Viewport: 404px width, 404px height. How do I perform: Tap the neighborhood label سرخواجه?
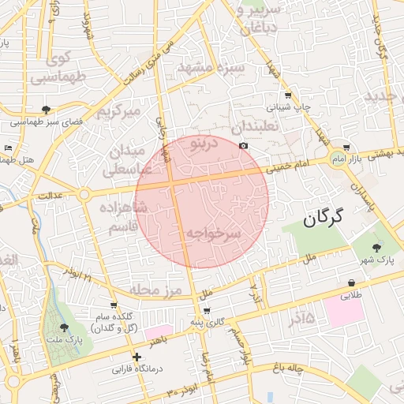[211, 234]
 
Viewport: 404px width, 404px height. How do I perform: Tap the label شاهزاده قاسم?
[120, 216]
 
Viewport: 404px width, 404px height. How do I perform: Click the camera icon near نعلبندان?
[243, 145]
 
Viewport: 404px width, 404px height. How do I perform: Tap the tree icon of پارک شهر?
[386, 247]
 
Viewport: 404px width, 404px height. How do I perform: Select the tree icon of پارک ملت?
[65, 327]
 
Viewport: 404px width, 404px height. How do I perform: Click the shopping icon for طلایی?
[350, 282]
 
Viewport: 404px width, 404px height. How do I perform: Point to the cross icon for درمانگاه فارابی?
[137, 357]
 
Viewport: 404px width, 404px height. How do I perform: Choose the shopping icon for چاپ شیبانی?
[287, 96]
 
